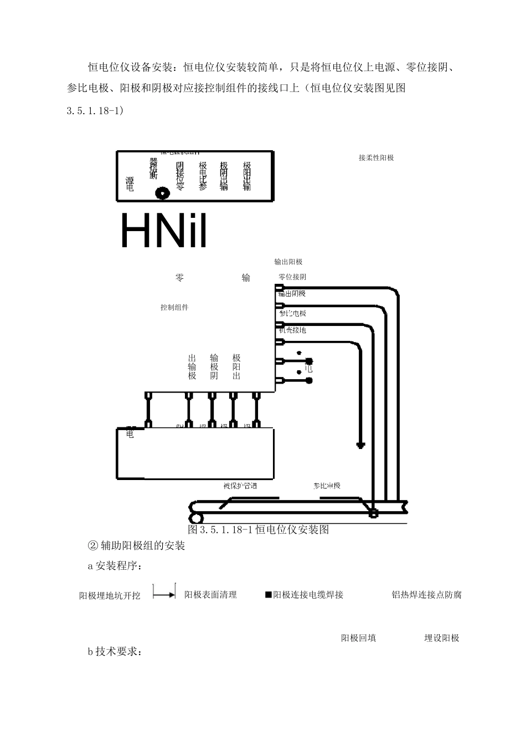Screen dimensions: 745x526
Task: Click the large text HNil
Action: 163,231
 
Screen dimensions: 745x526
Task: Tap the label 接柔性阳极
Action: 376,158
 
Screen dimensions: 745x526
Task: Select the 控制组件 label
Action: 174,307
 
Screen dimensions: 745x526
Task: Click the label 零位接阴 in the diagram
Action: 292,277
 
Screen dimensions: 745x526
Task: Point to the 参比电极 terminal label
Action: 293,314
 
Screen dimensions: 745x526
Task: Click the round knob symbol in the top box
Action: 162,193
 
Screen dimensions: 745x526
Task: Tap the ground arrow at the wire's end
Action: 360,445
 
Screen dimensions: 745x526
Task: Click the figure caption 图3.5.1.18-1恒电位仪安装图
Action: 259,530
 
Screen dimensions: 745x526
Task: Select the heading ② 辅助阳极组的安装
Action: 136,546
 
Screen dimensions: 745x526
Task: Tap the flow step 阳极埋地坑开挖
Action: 110,596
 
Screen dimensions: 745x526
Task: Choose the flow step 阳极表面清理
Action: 210,595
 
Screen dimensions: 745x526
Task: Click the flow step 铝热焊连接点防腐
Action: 426,595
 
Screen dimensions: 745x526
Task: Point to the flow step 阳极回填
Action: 358,638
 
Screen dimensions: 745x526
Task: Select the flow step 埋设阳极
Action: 442,638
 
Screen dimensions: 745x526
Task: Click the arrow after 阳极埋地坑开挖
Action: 164,594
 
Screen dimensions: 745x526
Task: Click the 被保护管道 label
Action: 240,486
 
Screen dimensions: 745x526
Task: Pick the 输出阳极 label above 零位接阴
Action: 288,262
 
